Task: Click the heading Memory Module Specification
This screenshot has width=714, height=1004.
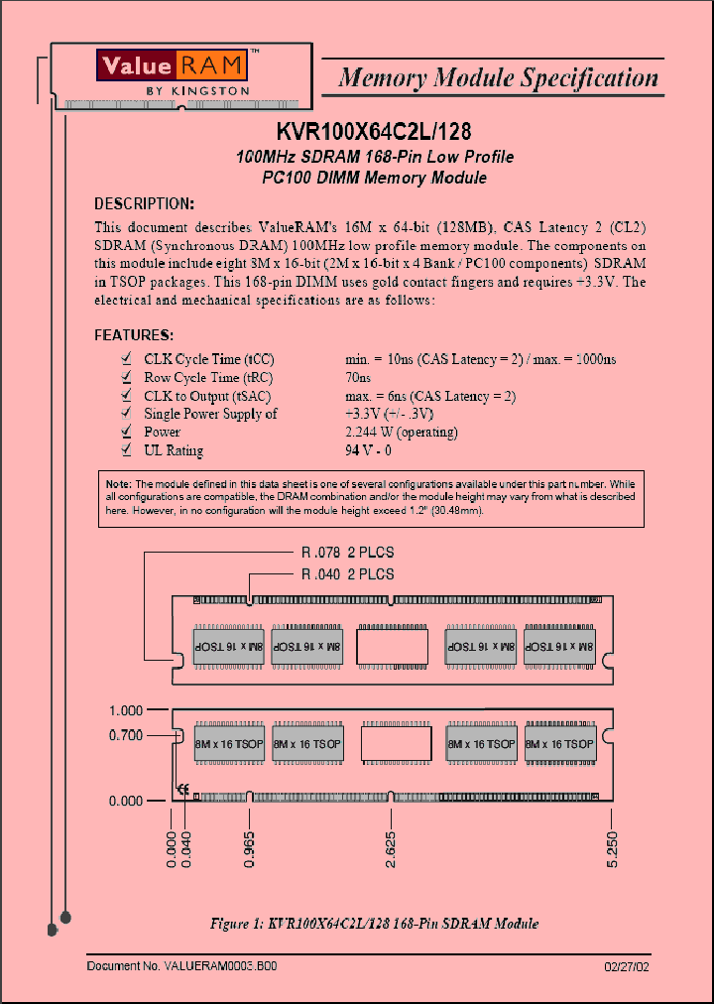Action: (x=498, y=77)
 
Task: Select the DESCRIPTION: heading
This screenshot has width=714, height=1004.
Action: (x=144, y=203)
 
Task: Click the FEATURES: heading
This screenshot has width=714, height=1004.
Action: (x=134, y=335)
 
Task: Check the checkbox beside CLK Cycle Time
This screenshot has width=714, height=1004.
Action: (x=126, y=359)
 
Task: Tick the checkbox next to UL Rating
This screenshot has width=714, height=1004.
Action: (x=126, y=450)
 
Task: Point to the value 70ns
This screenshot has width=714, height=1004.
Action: (x=358, y=378)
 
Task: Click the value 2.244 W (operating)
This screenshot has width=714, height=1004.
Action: (x=401, y=433)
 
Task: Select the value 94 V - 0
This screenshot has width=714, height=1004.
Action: (x=368, y=450)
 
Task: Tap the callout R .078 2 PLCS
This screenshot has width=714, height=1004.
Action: (x=347, y=553)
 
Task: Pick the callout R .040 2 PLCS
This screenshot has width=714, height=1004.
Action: (x=347, y=574)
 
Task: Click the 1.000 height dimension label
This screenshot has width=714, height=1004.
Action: (x=126, y=710)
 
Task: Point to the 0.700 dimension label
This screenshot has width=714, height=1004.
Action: (x=126, y=735)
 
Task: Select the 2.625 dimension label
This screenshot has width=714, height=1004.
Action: (x=393, y=850)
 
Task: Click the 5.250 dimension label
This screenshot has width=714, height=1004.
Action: (x=613, y=850)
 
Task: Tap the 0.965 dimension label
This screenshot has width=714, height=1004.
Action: (x=249, y=850)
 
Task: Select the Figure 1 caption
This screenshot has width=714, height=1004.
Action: (x=375, y=924)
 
